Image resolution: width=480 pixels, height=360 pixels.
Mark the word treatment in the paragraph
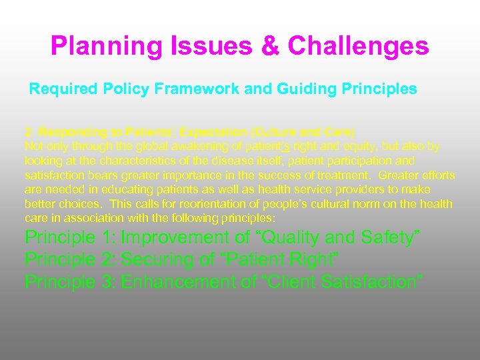coord(343,175)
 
